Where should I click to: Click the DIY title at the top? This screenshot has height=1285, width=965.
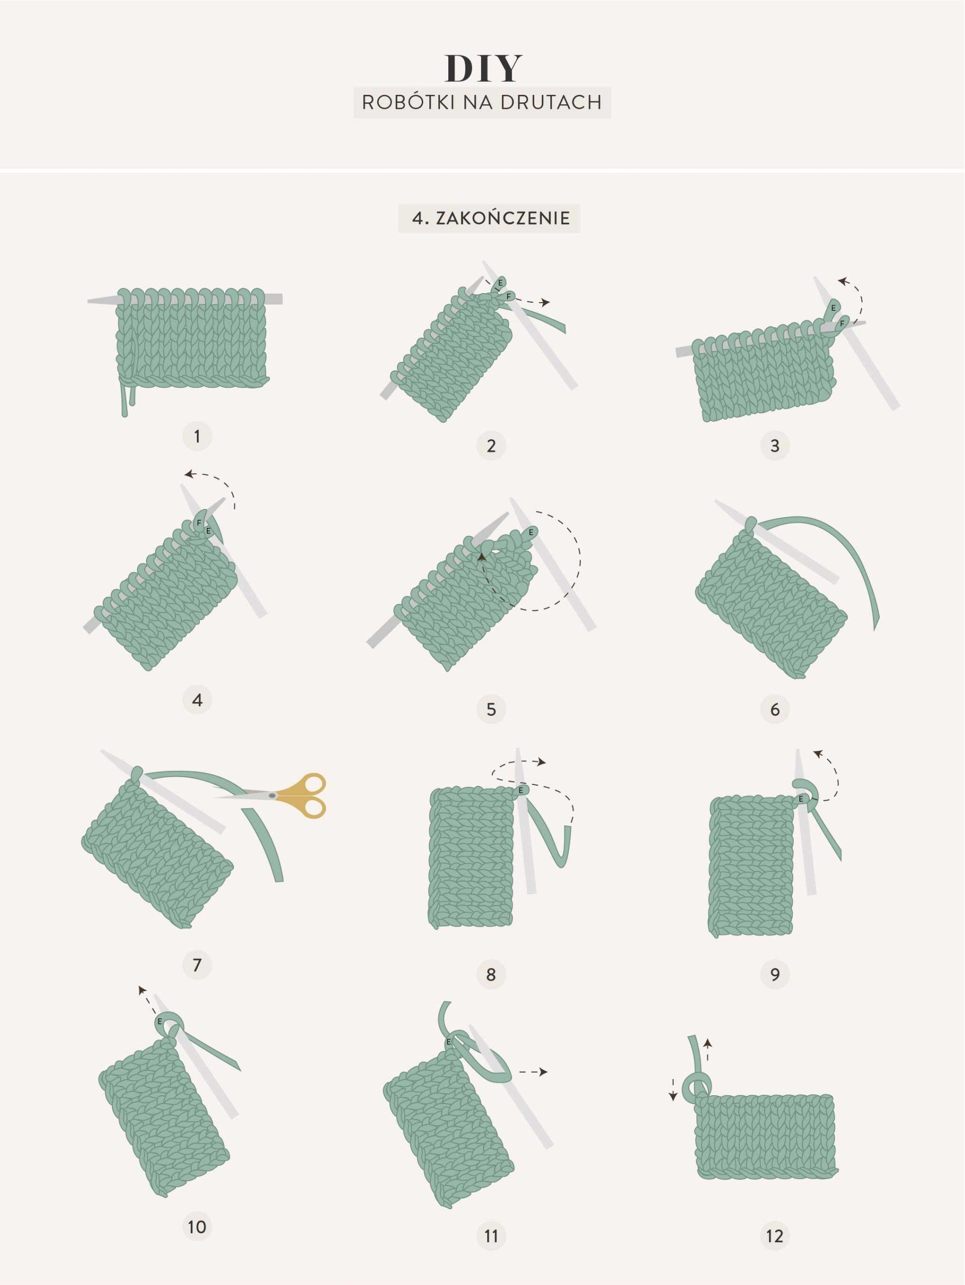(484, 69)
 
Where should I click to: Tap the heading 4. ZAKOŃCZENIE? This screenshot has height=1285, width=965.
(489, 218)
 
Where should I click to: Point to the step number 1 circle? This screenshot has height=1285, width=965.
(197, 436)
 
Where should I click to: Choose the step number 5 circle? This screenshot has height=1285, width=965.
(491, 709)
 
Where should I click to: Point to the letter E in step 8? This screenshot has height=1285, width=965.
(521, 790)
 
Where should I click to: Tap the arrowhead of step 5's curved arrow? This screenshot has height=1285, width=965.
(481, 556)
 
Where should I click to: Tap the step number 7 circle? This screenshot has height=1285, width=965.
(197, 965)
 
